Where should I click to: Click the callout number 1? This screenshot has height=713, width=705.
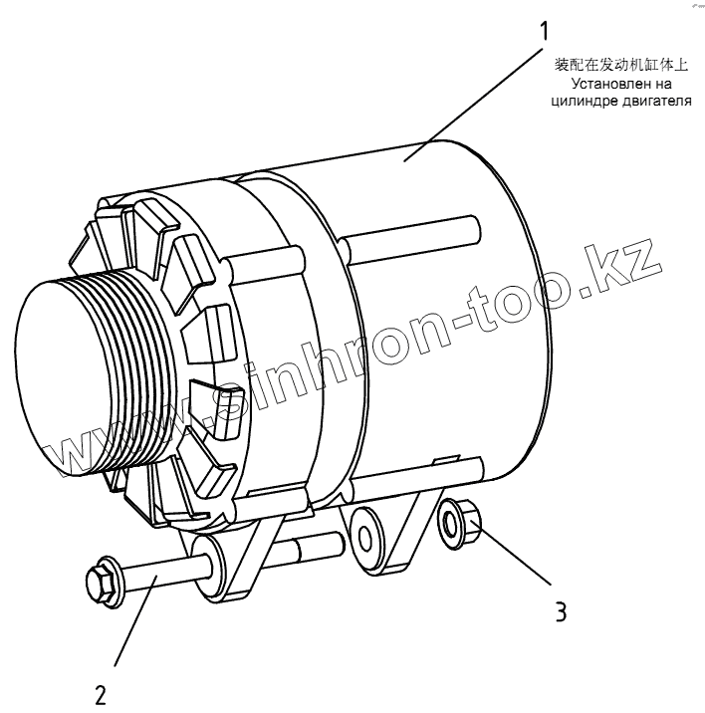(545, 32)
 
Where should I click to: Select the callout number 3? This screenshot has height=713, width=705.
(561, 610)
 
